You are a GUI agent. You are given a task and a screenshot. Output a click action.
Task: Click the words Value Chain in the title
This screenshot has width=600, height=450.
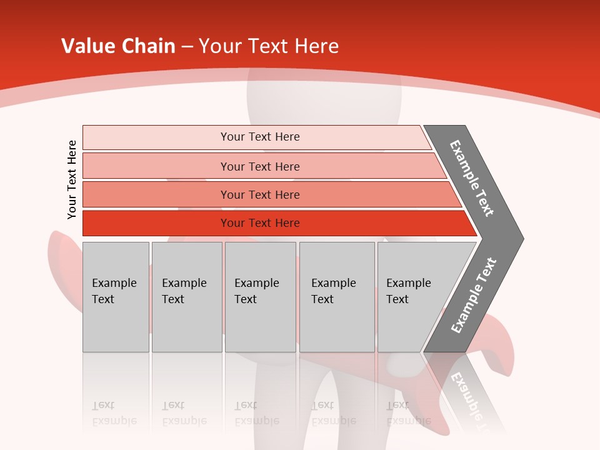click(x=118, y=46)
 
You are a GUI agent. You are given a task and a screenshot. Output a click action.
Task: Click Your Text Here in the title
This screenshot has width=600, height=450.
click(x=269, y=46)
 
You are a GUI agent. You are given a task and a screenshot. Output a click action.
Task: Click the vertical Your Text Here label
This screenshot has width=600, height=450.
click(x=72, y=179)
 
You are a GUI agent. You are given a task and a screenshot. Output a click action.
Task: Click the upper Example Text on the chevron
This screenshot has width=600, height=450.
click(x=472, y=178)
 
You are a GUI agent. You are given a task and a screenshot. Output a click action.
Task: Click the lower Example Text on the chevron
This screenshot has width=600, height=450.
click(x=474, y=295)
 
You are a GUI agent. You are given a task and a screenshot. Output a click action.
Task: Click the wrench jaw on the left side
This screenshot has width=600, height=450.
click(x=62, y=262)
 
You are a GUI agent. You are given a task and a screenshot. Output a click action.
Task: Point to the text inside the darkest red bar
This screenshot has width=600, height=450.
click(x=260, y=223)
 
